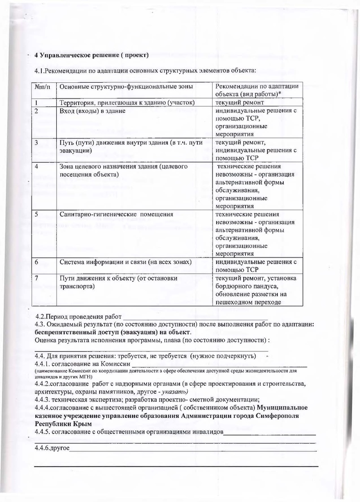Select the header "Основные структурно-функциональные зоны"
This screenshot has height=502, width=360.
(x=127, y=86)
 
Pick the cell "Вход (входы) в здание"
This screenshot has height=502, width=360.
(x=93, y=112)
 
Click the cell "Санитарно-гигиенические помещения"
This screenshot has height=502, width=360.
(x=116, y=214)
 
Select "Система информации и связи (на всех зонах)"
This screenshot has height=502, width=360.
(x=126, y=262)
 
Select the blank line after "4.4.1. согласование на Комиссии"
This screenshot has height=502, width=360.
(x=219, y=363)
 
